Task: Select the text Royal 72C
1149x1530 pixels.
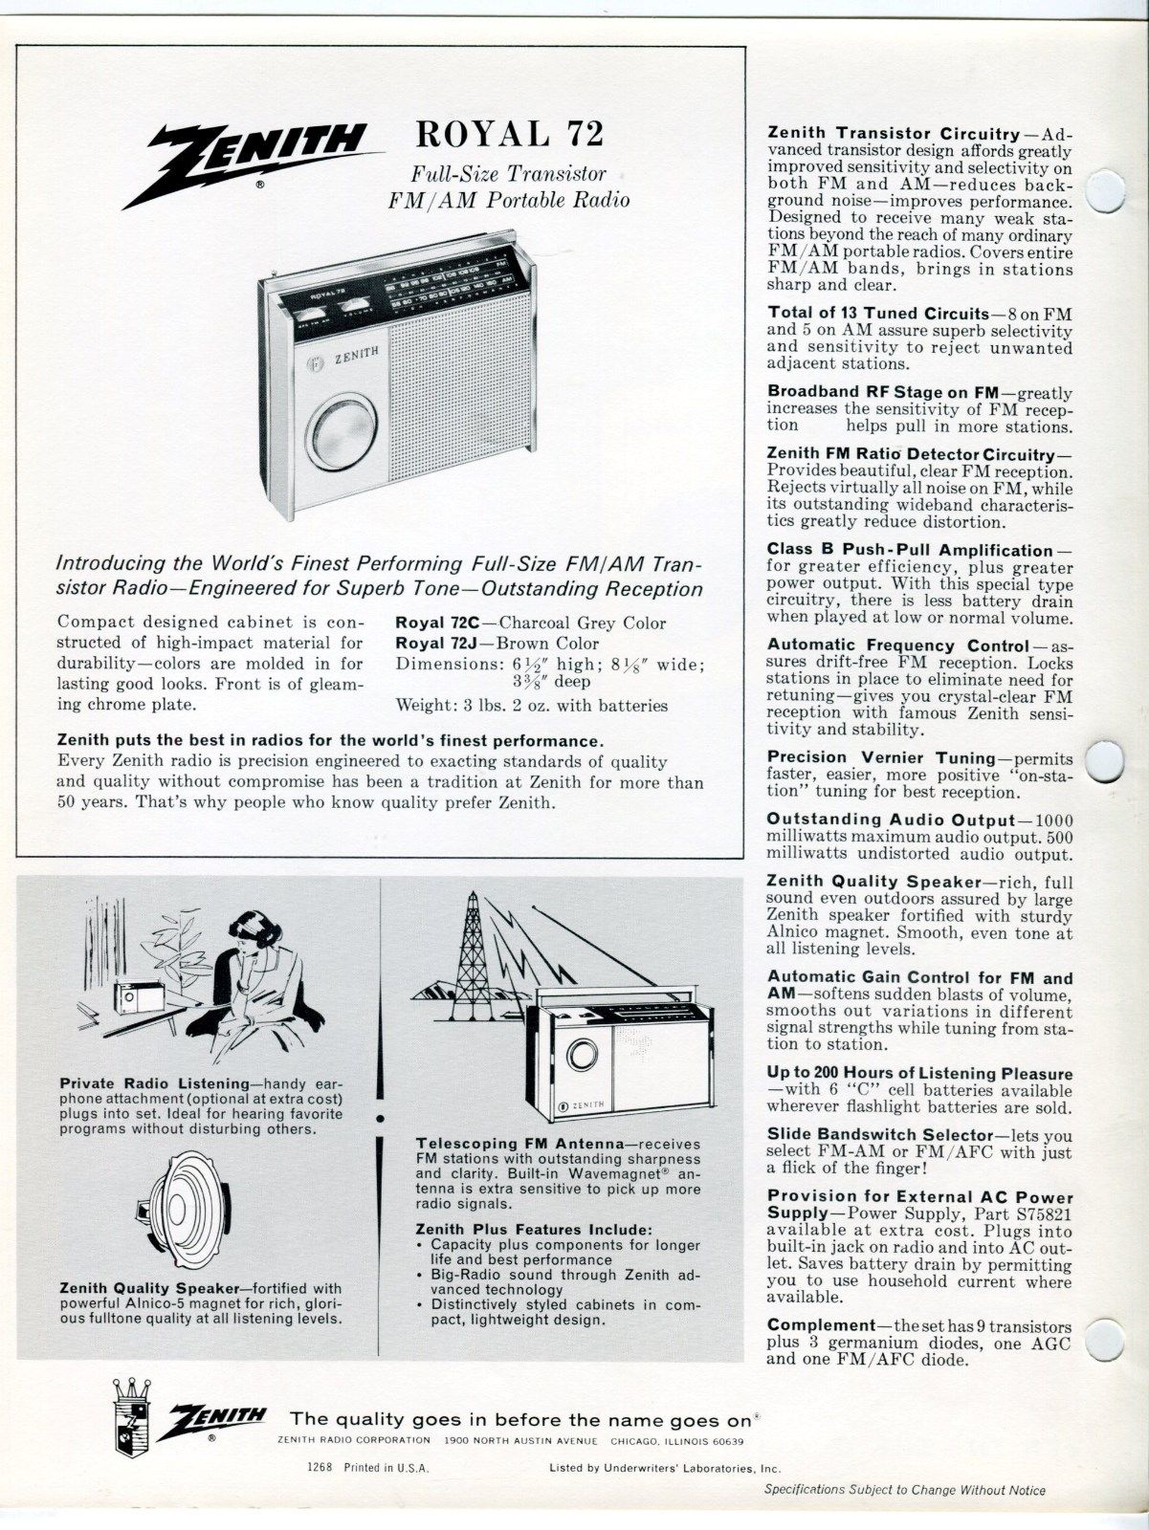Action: [434, 623]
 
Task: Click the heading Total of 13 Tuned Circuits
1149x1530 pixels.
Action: [877, 314]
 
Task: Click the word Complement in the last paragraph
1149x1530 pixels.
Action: [821, 1326]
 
